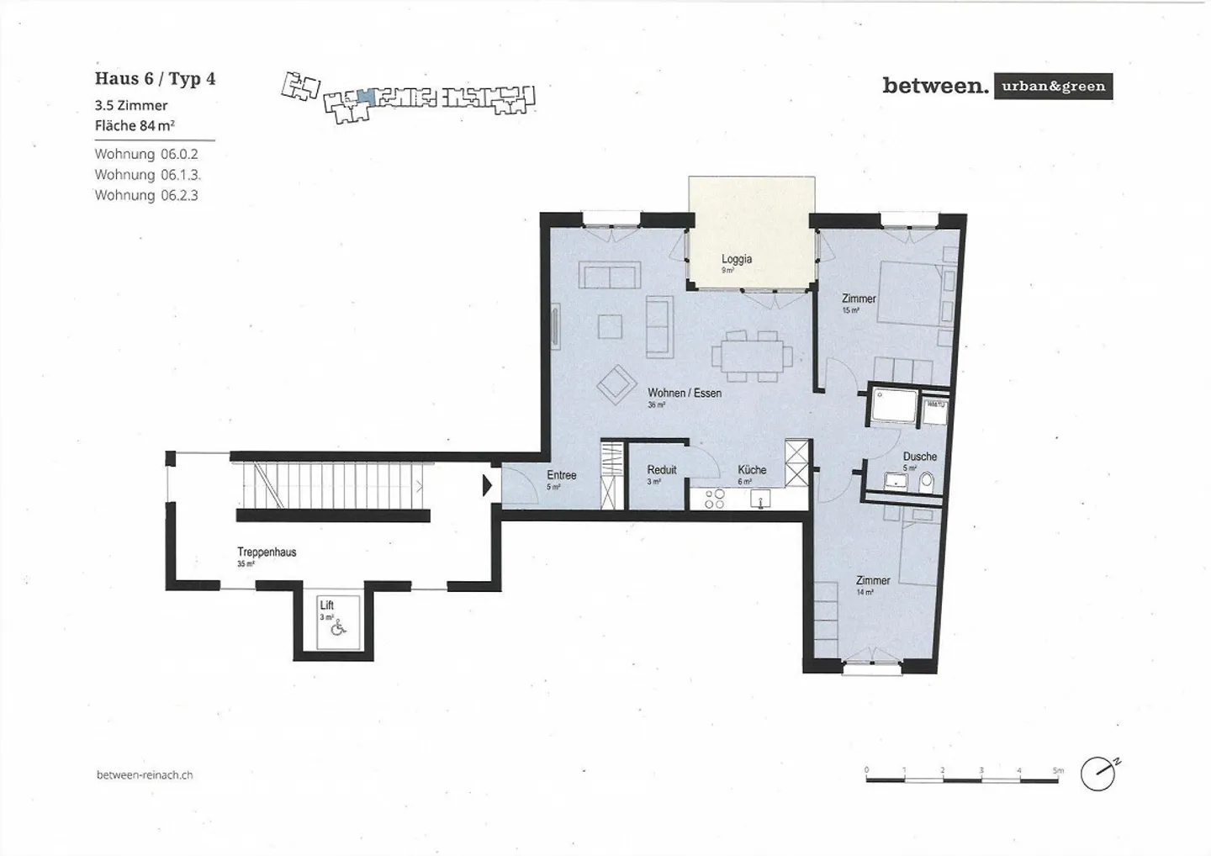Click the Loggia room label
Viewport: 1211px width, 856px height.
tap(736, 259)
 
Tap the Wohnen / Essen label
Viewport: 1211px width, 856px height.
tap(684, 393)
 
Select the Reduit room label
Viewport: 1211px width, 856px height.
tap(661, 470)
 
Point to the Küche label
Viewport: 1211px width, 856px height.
tap(752, 470)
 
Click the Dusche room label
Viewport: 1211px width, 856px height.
tap(919, 457)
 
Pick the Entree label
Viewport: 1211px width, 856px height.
tap(561, 475)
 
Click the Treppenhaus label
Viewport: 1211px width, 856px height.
tap(267, 552)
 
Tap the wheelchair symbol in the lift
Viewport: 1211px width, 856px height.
tap(338, 626)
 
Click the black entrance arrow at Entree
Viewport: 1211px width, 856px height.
tap(487, 486)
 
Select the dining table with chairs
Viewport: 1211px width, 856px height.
tap(751, 356)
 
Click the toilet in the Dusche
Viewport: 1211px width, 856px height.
tap(927, 482)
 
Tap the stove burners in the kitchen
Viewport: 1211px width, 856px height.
tap(714, 499)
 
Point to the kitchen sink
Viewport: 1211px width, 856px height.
tap(761, 501)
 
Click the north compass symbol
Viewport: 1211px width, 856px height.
tap(1098, 774)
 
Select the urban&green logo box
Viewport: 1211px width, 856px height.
tap(1053, 87)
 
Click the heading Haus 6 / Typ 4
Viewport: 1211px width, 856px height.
tap(155, 79)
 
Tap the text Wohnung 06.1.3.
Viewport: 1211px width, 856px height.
tap(147, 175)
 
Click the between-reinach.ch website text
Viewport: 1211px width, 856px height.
tap(145, 774)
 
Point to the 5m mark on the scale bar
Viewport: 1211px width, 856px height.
tap(1058, 770)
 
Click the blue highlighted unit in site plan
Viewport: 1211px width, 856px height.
tap(363, 96)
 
